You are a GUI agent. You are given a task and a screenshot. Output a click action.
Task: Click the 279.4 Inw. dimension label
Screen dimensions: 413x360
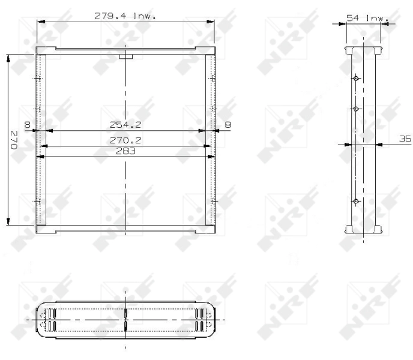pos(125,16)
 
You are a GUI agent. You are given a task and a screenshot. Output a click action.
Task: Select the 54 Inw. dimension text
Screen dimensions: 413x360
pos(367,18)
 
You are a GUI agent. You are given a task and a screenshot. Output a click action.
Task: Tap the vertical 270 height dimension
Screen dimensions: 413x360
pos(14,140)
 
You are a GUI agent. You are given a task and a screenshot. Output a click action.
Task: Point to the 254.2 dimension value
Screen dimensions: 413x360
pos(125,125)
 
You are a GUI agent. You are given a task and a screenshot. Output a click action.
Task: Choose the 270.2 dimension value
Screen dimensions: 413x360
pos(125,140)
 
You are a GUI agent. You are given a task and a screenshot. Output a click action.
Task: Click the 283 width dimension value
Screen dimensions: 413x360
pos(125,151)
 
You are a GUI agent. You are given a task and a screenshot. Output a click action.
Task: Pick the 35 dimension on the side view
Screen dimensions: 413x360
pos(405,139)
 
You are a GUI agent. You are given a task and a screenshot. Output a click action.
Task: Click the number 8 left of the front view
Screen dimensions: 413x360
pos(28,125)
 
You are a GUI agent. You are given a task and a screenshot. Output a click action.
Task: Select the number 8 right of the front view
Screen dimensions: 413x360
pos(228,125)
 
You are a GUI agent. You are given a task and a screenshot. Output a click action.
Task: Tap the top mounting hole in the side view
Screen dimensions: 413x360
pos(356,78)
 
